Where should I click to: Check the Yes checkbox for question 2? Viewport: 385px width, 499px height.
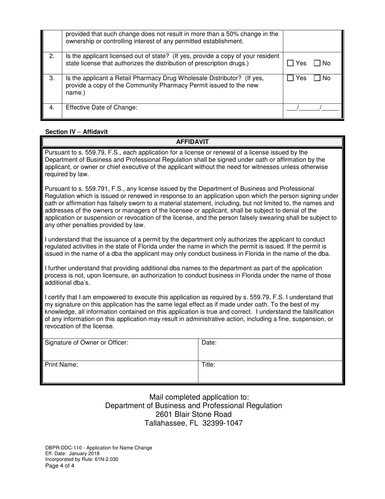tap(290, 63)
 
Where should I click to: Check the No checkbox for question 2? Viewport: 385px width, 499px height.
tap(317, 63)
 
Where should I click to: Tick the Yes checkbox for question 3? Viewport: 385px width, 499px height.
tap(290, 78)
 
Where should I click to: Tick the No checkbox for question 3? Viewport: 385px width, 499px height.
tap(317, 78)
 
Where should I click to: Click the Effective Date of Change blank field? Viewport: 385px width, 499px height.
tap(312, 108)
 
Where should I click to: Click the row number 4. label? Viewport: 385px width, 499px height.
tap(51, 108)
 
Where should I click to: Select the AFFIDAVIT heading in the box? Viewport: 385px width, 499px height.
tap(192, 142)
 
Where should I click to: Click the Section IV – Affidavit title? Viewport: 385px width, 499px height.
tap(76, 132)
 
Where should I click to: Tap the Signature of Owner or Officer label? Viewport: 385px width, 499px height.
tap(86, 342)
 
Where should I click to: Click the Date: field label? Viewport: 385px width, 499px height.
tap(209, 342)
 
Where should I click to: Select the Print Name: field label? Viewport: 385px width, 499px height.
tap(61, 364)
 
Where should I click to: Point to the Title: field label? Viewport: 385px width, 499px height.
tap(208, 364)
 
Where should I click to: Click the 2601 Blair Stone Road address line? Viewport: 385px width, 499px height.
tap(193, 414)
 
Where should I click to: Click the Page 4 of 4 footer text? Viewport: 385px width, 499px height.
tap(60, 466)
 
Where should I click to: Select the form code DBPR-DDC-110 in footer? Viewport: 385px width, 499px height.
tap(64, 448)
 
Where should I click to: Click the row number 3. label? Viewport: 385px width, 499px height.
tap(51, 78)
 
